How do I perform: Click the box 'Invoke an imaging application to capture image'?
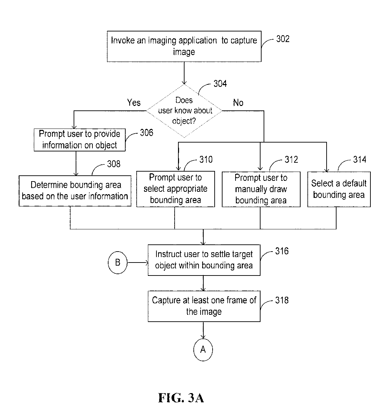184,46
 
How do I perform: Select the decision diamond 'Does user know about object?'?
184,111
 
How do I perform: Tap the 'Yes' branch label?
134,103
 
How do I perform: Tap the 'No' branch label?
238,103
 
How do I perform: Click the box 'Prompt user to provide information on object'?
79,140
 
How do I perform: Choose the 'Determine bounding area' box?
75,191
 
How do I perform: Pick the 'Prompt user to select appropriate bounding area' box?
176,189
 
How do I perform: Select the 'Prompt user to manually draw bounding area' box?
261,189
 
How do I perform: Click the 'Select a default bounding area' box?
339,189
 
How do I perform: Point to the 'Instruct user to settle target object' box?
204,260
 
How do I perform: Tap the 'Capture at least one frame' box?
204,306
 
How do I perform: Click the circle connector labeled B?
117,263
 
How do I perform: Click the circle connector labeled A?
203,350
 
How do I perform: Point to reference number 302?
283,39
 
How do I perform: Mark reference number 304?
220,83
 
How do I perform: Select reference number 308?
114,164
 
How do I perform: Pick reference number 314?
360,160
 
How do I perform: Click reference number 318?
282,300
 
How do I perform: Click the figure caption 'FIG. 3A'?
181,398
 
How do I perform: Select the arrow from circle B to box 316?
138,263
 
